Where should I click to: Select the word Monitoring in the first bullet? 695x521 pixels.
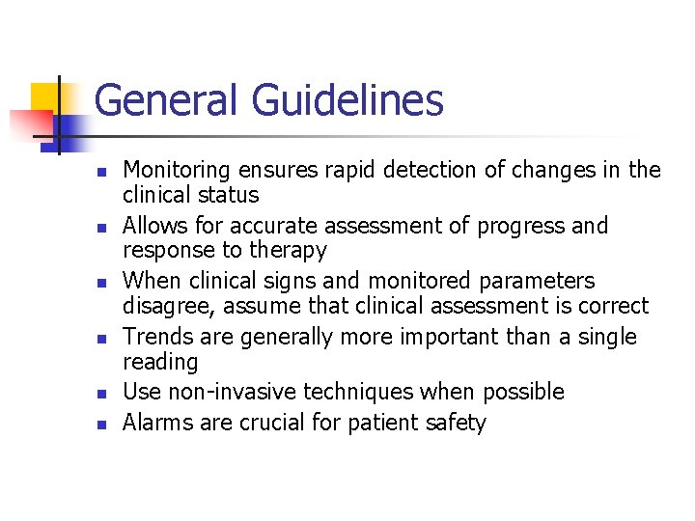(177, 171)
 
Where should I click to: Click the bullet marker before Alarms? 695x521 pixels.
(99, 424)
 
